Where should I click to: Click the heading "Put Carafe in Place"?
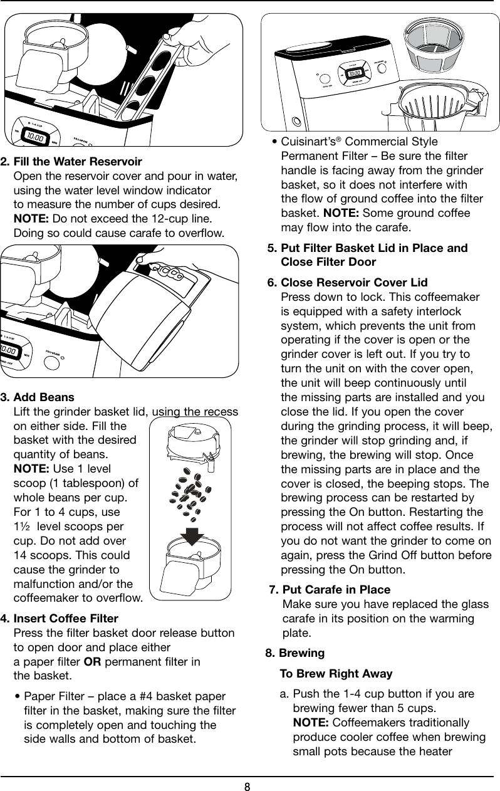[336, 590]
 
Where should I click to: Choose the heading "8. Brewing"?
[295, 653]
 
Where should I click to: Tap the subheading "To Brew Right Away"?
[336, 674]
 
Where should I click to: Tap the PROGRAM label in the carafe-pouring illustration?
[58, 354]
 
